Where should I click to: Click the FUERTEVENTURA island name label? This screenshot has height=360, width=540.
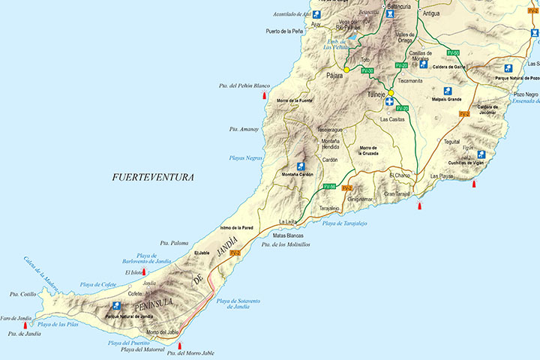pos(152,178)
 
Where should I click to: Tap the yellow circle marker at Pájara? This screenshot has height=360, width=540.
pos(346,70)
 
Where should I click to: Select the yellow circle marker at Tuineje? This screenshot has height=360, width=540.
pos(391,94)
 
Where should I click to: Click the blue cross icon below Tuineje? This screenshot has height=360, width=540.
pos(390,101)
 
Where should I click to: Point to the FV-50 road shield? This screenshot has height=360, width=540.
pos(453,52)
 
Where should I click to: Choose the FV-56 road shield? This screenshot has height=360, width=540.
pos(329,186)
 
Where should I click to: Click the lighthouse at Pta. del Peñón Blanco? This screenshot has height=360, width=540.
pos(264,95)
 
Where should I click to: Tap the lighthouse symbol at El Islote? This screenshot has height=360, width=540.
pos(144,271)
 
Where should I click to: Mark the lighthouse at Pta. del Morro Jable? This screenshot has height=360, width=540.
pos(179,346)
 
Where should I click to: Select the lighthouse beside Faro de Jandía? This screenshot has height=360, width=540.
pos(25,325)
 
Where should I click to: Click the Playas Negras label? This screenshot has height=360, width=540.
pos(245,158)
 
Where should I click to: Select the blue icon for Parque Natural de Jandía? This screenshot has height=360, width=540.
pos(117,306)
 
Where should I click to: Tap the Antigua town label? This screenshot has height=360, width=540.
pos(430,13)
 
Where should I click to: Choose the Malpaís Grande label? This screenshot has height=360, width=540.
pos(445,99)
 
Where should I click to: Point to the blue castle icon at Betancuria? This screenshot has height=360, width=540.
pos(390,13)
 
